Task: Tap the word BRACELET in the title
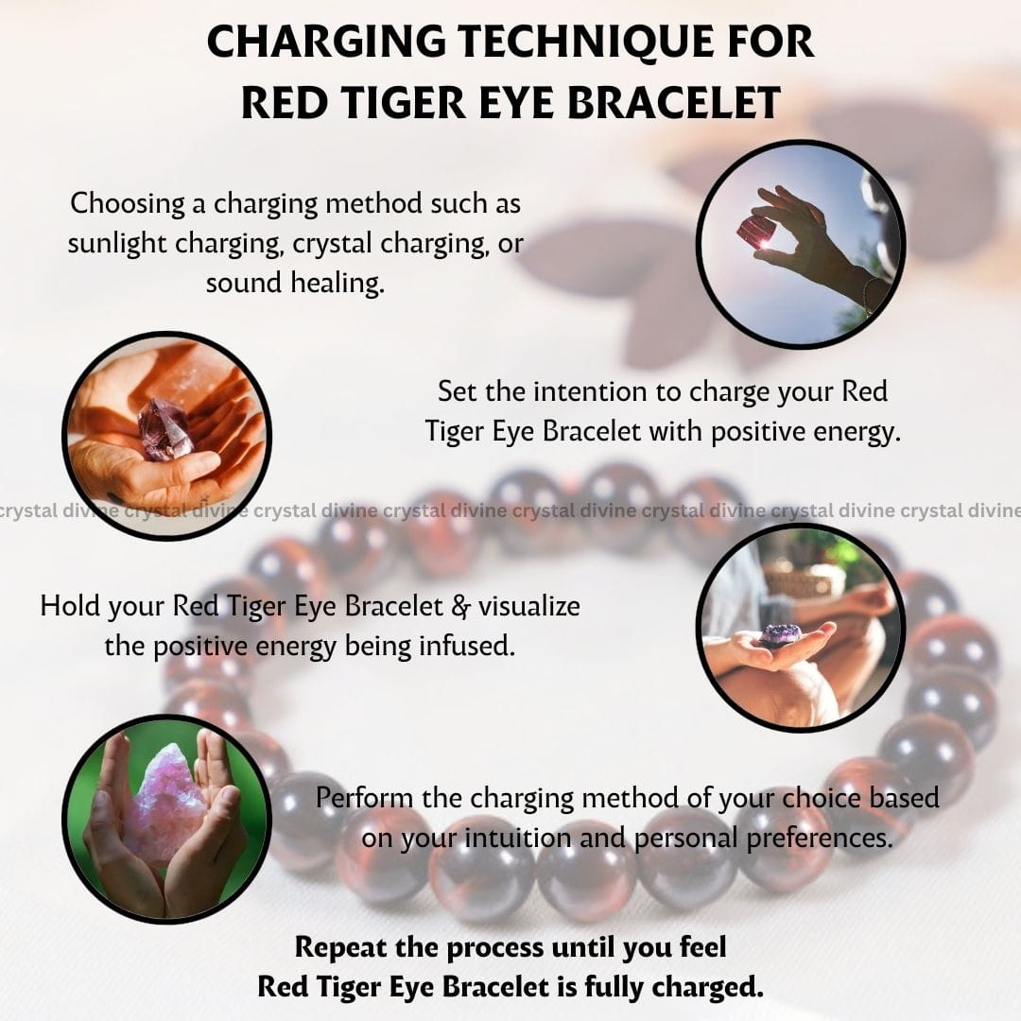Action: pos(675,102)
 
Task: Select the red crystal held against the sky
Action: pos(754,233)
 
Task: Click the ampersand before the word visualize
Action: pos(460,607)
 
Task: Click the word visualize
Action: pos(529,606)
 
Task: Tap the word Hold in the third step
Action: pos(69,606)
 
